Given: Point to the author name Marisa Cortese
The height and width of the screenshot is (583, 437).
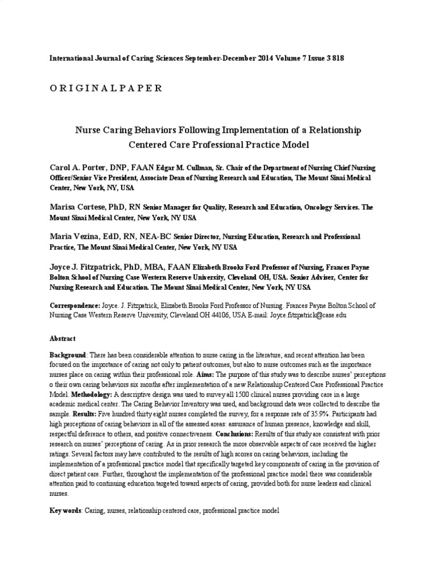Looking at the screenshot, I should point(77,208).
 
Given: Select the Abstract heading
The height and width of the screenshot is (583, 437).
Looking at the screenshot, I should point(63,339).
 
